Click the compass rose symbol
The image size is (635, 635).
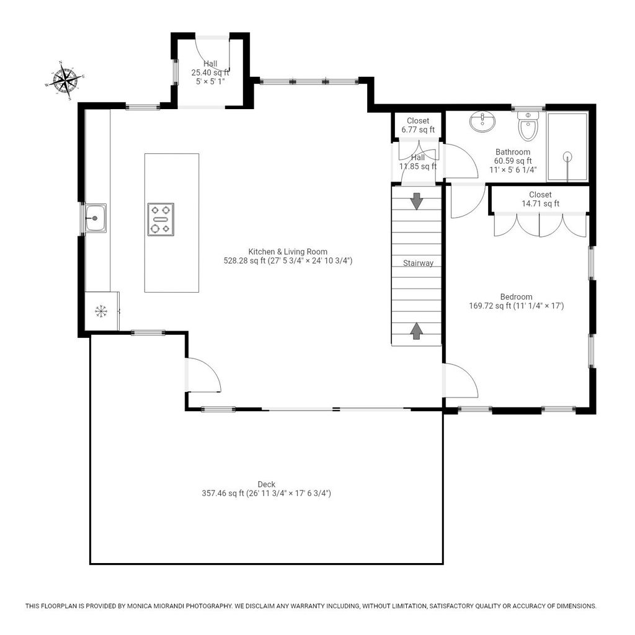tap(64, 81)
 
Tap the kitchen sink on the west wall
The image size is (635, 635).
tap(96, 218)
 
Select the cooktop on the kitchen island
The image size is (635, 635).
tap(161, 220)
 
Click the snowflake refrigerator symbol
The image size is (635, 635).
tap(101, 311)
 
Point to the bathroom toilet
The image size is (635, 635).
tap(528, 126)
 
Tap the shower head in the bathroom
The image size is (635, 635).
tap(568, 157)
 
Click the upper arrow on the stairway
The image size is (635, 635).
tap(416, 202)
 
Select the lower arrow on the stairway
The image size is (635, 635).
tap(416, 331)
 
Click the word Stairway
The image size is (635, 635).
tap(418, 263)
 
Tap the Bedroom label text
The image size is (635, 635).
tap(516, 297)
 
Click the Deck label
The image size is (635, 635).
tap(267, 484)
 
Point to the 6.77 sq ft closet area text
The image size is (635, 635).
tap(418, 130)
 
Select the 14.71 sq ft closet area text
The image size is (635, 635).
tap(540, 203)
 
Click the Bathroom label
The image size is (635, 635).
tap(513, 152)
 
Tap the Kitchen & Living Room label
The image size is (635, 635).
tap(288, 252)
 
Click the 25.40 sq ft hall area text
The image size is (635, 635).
tap(210, 73)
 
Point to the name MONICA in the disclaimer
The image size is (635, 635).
tap(139, 606)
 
